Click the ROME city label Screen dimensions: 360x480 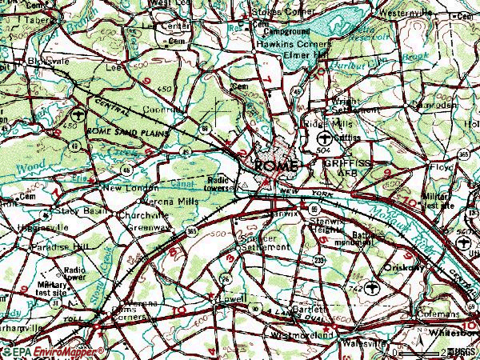coord(276,165)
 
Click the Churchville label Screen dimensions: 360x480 coord(142,215)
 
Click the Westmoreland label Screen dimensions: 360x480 coord(302,335)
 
